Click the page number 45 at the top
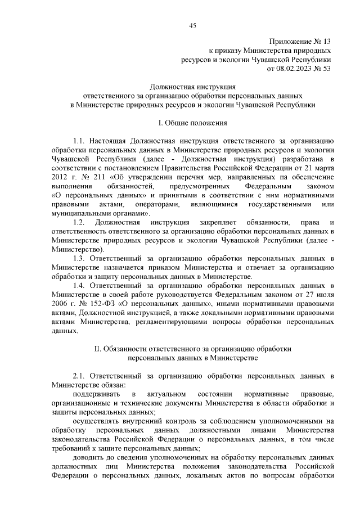click(192, 25)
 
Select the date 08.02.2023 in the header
click(296, 68)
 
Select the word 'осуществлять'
click(97, 420)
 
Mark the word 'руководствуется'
click(196, 295)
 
